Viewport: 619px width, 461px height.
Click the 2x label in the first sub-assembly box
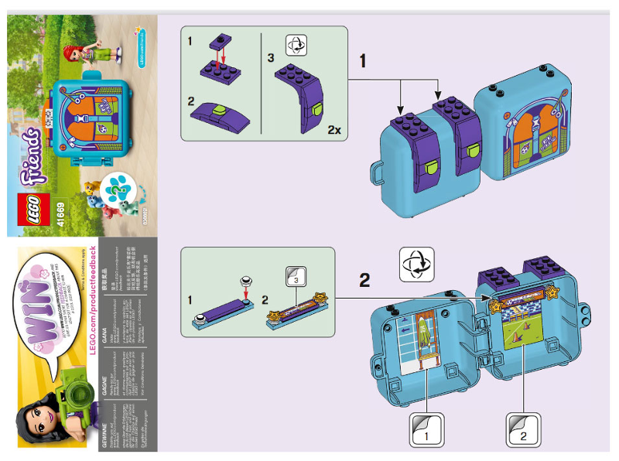pos(333,130)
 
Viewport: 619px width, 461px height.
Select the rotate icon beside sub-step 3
pos(294,45)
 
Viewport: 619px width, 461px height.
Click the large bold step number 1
pos(363,59)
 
